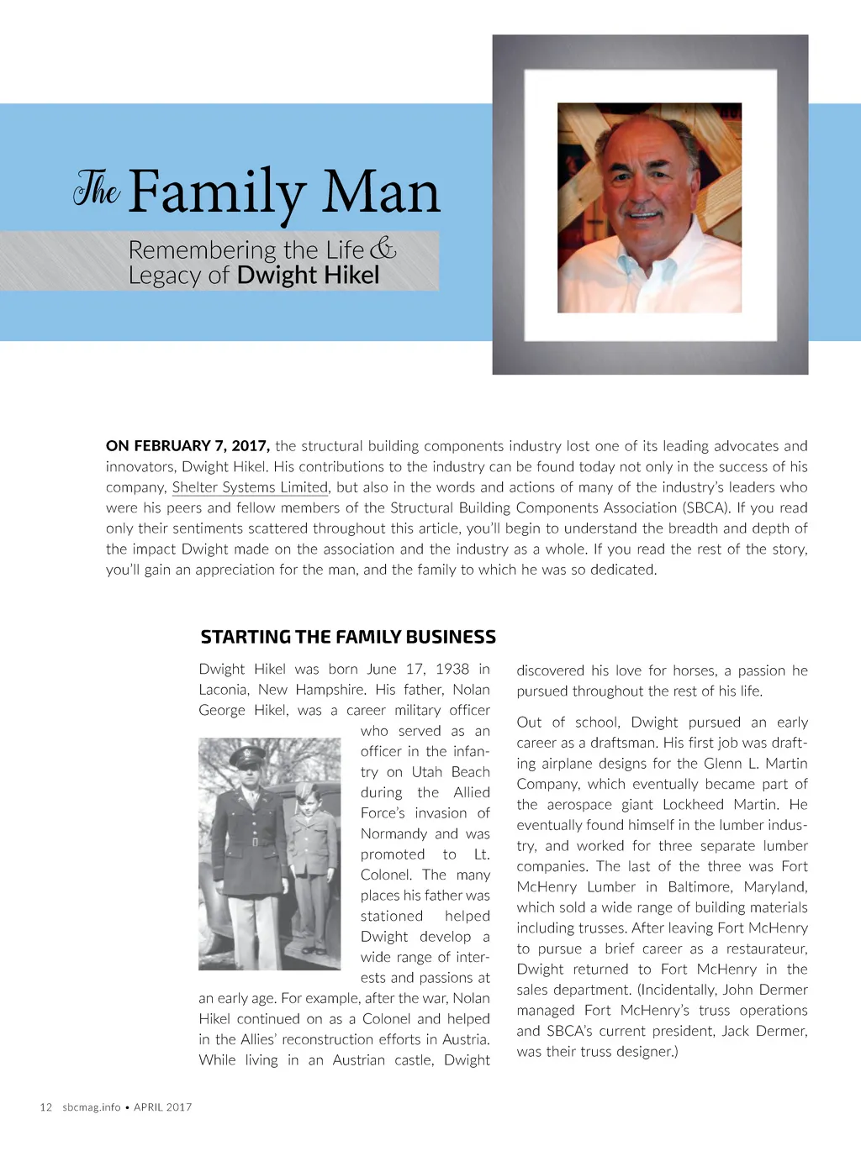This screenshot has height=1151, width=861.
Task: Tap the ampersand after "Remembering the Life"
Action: [x=383, y=249]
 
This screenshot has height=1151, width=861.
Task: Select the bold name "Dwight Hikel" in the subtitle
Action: [x=308, y=276]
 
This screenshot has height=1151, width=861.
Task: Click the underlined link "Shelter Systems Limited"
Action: [x=250, y=487]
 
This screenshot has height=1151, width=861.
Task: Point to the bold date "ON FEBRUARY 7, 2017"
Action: [x=188, y=446]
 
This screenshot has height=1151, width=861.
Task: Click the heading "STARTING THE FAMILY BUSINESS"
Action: [x=348, y=637]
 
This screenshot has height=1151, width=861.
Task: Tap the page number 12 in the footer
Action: [x=46, y=1107]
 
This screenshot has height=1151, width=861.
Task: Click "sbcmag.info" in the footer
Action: [x=91, y=1107]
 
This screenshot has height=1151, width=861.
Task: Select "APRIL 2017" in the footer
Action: [x=163, y=1107]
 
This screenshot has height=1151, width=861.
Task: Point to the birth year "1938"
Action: [x=452, y=669]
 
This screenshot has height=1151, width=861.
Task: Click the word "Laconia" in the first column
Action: [x=223, y=690]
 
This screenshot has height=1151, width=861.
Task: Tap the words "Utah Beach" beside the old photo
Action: [x=451, y=772]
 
